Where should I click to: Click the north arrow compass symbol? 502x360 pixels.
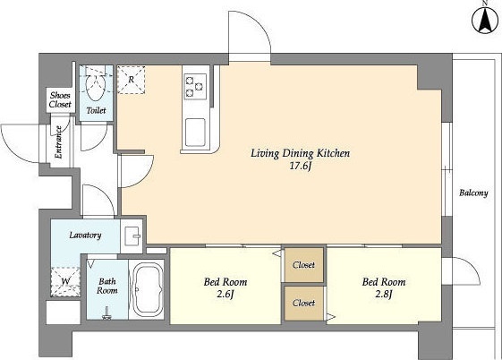(485, 21)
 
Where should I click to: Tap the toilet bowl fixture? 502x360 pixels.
(96, 88)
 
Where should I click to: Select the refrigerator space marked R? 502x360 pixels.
(132, 80)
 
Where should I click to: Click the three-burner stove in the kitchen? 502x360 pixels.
(195, 86)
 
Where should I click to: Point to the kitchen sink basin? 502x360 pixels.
(195, 133)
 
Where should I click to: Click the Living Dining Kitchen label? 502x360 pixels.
(300, 154)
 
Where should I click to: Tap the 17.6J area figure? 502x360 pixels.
(301, 167)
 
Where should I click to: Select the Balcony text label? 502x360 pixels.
(473, 193)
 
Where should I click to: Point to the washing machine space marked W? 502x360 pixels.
(65, 281)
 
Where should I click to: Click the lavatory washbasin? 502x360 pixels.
(132, 236)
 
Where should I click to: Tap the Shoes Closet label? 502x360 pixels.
(60, 99)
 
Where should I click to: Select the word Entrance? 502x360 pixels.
(58, 141)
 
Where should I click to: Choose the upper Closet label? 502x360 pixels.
(304, 265)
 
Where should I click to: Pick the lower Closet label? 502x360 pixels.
(304, 303)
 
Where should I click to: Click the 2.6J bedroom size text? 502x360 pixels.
(225, 294)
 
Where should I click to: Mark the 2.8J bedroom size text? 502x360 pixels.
(384, 294)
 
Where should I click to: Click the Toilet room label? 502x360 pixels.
(96, 110)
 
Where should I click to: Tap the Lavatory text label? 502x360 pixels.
(86, 236)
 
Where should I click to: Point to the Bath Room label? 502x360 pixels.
(107, 286)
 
